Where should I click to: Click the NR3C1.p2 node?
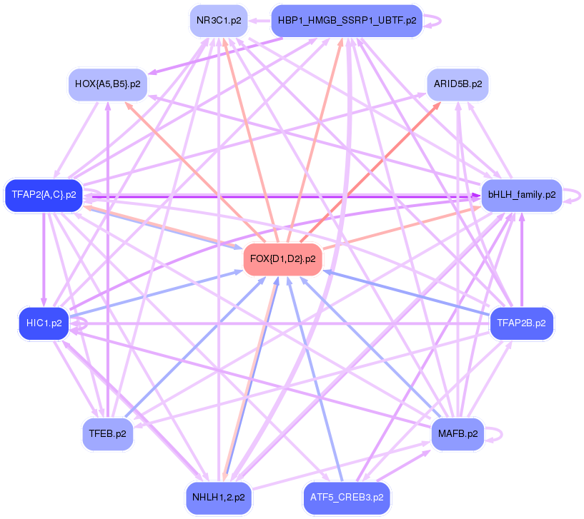[219, 21]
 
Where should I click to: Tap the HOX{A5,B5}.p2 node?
[107, 84]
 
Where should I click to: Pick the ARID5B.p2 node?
[457, 84]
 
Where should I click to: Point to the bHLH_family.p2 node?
[521, 194]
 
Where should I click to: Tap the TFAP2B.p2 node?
[521, 323]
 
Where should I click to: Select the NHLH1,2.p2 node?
[219, 497]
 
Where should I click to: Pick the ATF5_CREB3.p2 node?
[347, 497]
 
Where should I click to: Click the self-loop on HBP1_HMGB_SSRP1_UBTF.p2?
[436, 21]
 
